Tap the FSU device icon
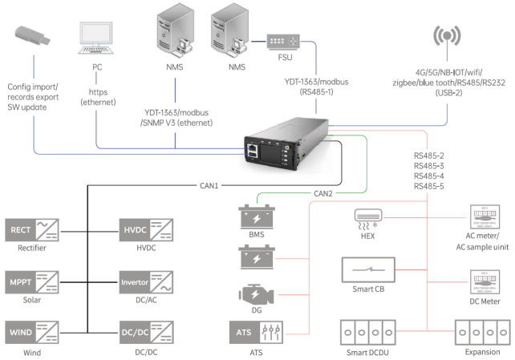point(282,42)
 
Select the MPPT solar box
point(31,282)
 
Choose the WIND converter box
point(31,332)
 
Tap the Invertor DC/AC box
point(145,282)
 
